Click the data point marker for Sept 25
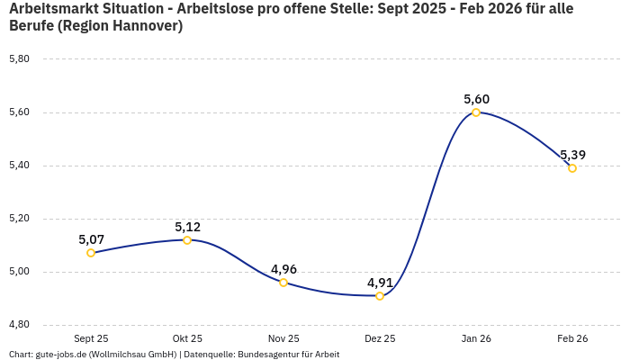coord(91,253)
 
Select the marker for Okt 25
coord(187,240)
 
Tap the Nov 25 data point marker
coord(283,283)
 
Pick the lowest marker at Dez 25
coord(380,296)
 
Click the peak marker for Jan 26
coord(476,112)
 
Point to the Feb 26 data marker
coord(572,168)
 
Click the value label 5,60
coord(476,99)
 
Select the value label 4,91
coord(380,283)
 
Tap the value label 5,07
coord(91,239)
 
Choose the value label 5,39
coord(572,155)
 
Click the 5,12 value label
coord(187,227)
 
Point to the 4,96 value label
coord(283,269)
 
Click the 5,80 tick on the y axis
coord(19,59)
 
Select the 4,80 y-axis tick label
coord(19,324)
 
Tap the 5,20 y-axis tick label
coord(19,219)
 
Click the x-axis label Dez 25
coord(380,338)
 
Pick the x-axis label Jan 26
coord(476,338)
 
